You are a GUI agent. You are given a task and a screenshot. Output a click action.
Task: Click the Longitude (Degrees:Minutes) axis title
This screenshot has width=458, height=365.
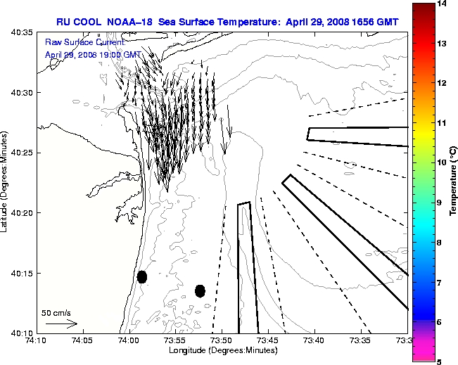[222, 350]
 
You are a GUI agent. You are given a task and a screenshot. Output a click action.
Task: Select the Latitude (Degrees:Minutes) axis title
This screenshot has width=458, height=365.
[6, 183]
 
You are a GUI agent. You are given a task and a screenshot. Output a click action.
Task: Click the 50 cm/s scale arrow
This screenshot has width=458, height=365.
[61, 324]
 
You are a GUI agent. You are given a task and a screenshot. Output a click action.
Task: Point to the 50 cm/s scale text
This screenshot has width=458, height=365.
[56, 313]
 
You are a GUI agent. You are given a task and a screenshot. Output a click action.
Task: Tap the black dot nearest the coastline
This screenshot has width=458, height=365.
[142, 276]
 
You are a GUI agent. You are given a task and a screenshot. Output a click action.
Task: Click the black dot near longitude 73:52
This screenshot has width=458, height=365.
[200, 290]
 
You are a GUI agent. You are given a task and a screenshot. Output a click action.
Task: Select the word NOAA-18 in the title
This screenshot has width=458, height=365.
[132, 23]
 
